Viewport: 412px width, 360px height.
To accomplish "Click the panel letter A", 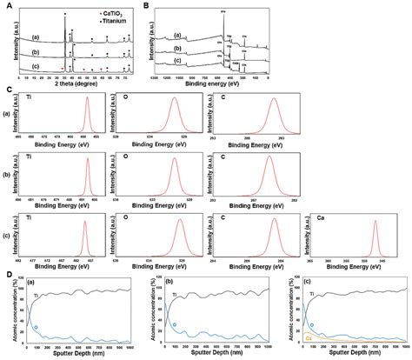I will pyautogui.click(x=7, y=5).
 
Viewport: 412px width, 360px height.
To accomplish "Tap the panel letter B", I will pyautogui.click(x=145, y=5).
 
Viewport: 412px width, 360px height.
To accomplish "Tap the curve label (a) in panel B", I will pyautogui.click(x=177, y=36).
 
